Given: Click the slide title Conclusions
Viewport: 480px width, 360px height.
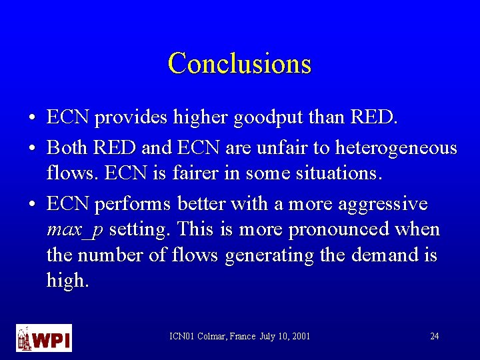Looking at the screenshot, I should pyautogui.click(x=240, y=63).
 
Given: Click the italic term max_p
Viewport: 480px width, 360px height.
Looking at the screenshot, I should pyautogui.click(x=75, y=230).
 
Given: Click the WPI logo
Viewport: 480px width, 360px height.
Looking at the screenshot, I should pyautogui.click(x=43, y=337).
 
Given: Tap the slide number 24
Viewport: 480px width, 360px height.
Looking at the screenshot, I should pyautogui.click(x=434, y=336).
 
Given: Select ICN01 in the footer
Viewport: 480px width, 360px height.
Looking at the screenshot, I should pyautogui.click(x=181, y=336).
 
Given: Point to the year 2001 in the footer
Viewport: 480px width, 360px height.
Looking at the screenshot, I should pyautogui.click(x=300, y=336).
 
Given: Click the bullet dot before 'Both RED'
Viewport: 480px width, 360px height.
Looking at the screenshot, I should pyautogui.click(x=33, y=147).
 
